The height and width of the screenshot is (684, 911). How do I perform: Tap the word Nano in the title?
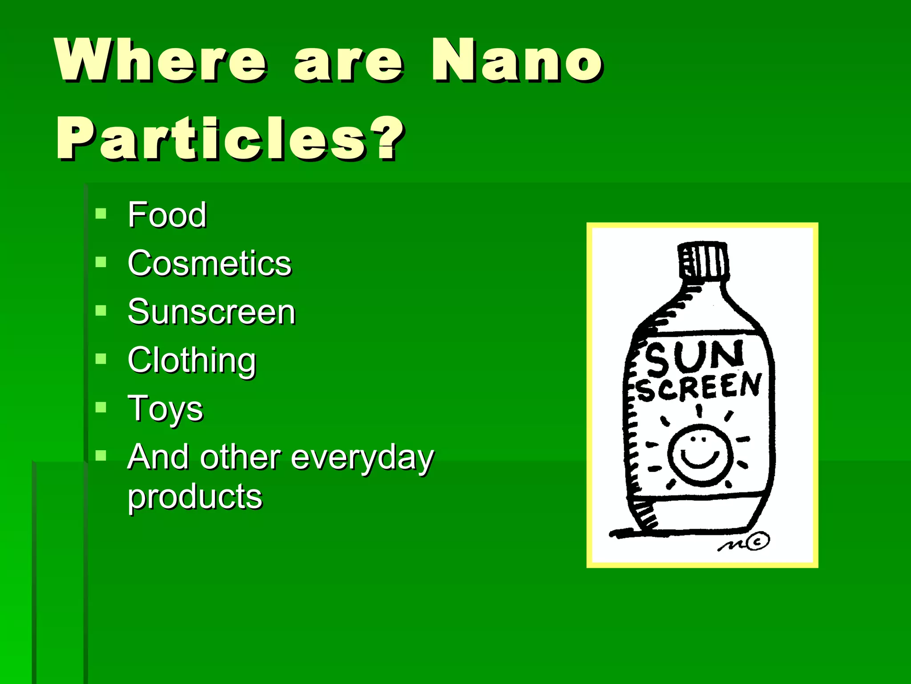click(x=517, y=60)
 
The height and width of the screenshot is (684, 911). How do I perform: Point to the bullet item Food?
click(x=167, y=215)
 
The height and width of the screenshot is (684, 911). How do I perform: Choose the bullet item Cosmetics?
click(x=210, y=264)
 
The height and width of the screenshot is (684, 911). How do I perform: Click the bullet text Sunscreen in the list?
click(x=212, y=312)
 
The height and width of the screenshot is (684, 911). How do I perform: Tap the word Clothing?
click(x=192, y=361)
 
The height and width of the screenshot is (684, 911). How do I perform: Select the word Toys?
click(x=165, y=409)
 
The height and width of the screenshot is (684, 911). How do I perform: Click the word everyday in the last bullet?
click(x=363, y=458)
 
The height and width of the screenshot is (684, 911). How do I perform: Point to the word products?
click(x=195, y=497)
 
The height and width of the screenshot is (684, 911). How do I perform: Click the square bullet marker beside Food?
click(x=101, y=214)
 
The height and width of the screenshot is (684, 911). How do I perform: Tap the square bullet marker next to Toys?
click(x=101, y=407)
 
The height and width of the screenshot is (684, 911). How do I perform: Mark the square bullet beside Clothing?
click(x=101, y=359)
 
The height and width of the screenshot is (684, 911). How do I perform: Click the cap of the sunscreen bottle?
click(x=703, y=260)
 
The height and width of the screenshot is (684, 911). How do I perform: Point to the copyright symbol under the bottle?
click(x=758, y=541)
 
